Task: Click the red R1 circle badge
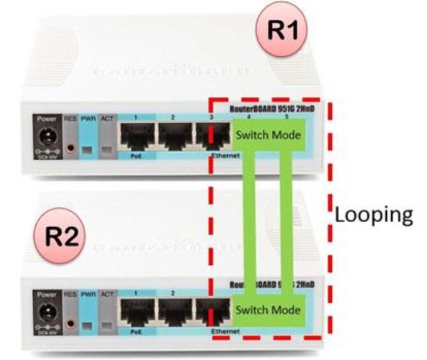281,29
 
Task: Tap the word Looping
373,215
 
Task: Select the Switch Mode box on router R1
267,135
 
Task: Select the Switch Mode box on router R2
266,311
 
